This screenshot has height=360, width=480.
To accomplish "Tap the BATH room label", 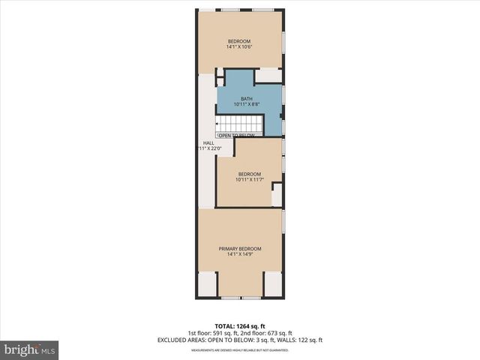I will [247, 99].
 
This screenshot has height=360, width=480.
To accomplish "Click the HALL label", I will [208, 142].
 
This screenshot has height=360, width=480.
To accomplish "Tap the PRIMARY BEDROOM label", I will [240, 249].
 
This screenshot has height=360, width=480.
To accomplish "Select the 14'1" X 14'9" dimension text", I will [240, 255].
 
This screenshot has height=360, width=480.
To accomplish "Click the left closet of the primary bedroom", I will [207, 284].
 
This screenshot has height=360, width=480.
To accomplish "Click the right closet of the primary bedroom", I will [273, 284].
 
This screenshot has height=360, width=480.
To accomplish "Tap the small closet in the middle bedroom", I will [277, 194].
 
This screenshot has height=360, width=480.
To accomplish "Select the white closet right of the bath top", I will [268, 76].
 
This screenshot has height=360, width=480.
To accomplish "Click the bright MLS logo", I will [30, 349].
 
